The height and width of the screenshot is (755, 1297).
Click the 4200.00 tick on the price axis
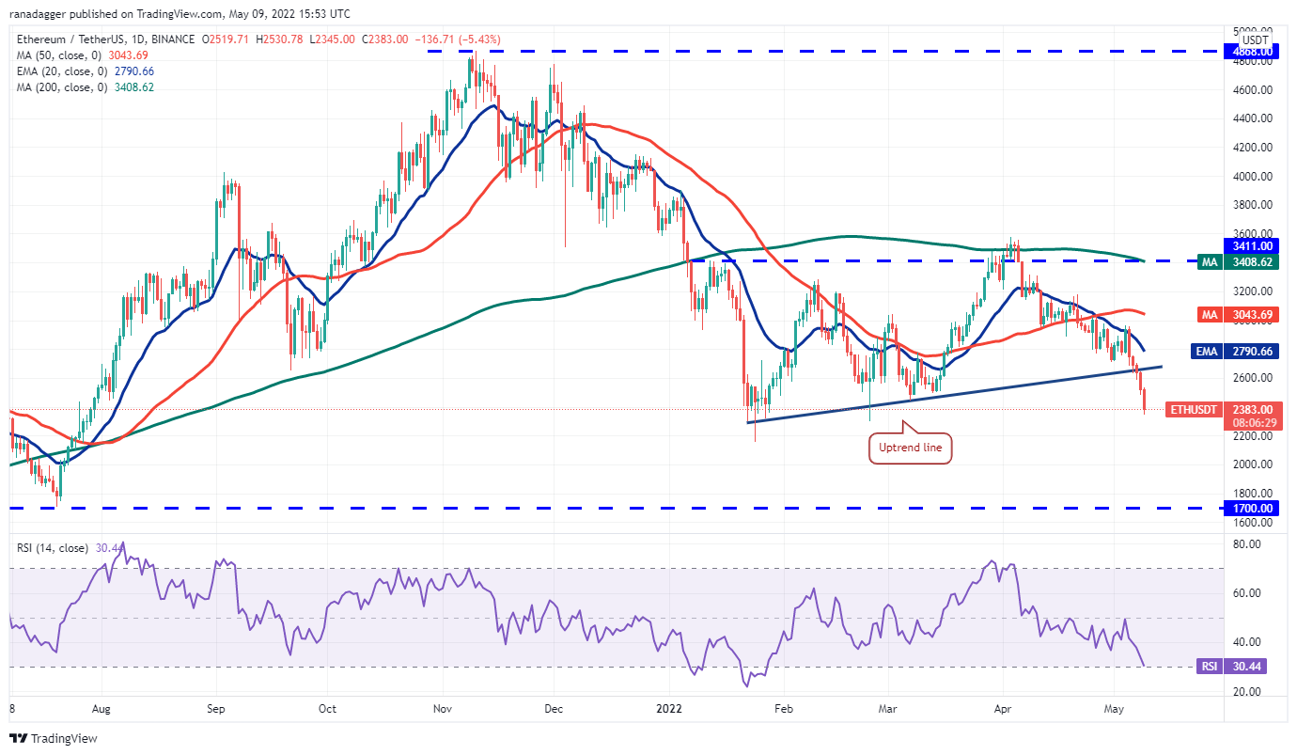pyautogui.click(x=1254, y=148)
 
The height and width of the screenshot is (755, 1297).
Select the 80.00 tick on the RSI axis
pyautogui.click(x=1254, y=544)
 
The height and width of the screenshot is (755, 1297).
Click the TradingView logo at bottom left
pyautogui.click(x=54, y=738)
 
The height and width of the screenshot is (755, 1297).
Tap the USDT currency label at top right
pyautogui.click(x=1255, y=39)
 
